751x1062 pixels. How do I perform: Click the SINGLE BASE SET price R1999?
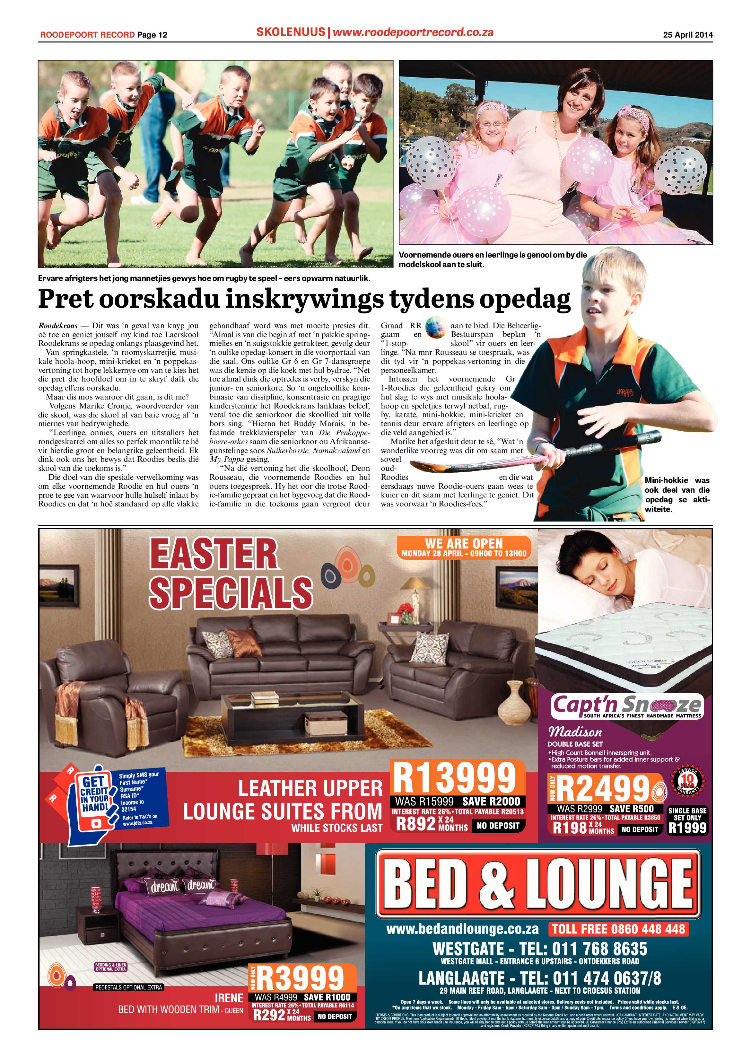click(x=688, y=828)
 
